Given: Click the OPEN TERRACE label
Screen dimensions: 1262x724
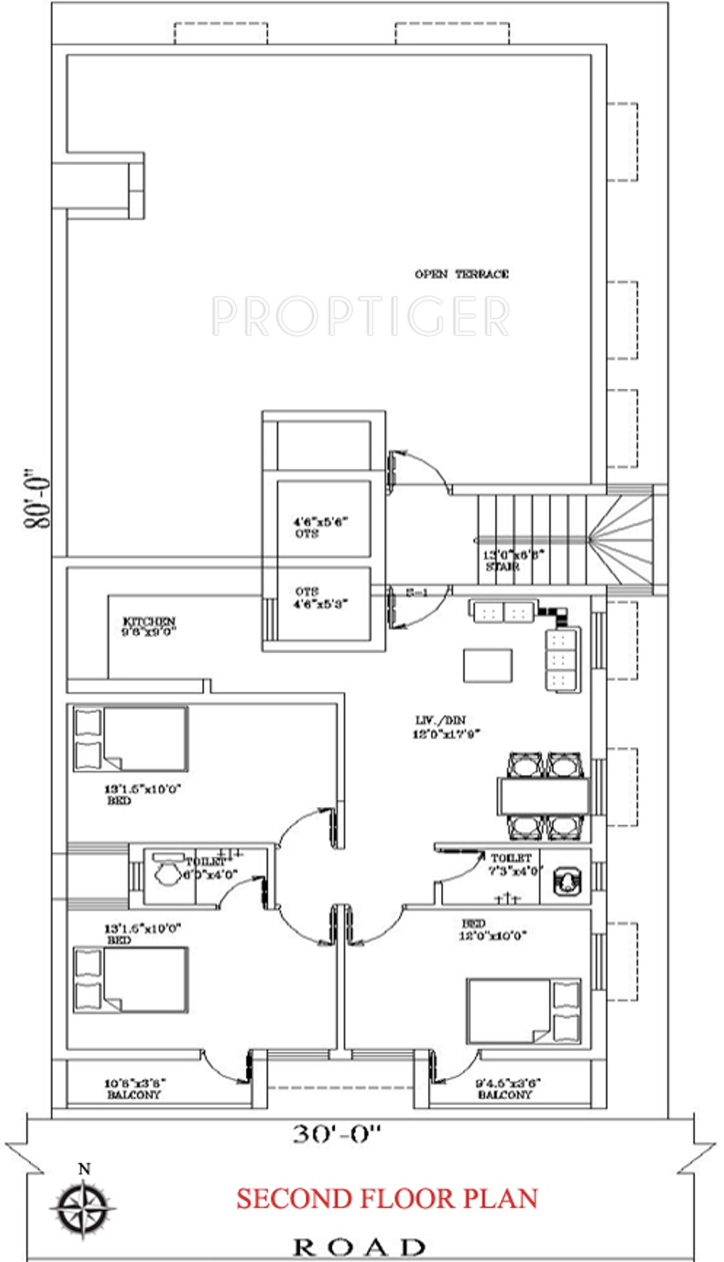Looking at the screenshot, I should tap(461, 274).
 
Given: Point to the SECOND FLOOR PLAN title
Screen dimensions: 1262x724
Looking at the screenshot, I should tap(387, 1199).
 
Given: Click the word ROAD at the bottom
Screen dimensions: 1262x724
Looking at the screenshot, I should tap(359, 1247).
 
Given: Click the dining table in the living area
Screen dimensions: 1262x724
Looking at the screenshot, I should tap(544, 795).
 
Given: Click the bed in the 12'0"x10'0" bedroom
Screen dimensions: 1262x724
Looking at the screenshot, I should tap(523, 1011).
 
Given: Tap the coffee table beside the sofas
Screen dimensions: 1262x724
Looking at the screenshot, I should tap(487, 665).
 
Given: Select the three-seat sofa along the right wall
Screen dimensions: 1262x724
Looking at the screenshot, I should tap(563, 660).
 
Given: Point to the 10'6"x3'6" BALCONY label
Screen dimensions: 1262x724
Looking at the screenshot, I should tap(135, 1089).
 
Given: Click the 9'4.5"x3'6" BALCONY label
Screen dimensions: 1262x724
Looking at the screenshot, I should tap(507, 1089).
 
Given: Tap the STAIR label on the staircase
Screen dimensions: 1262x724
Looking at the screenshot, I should tap(502, 567).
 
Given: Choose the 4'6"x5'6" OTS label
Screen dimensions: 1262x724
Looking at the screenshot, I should tap(321, 527).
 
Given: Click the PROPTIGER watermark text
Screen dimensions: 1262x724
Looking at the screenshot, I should tap(361, 317).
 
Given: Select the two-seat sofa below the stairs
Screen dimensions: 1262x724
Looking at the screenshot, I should tap(503, 612).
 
